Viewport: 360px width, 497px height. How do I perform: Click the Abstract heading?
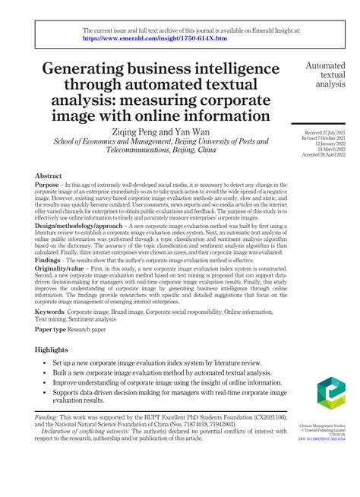49,176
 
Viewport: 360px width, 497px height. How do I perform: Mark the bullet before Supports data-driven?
44,414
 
